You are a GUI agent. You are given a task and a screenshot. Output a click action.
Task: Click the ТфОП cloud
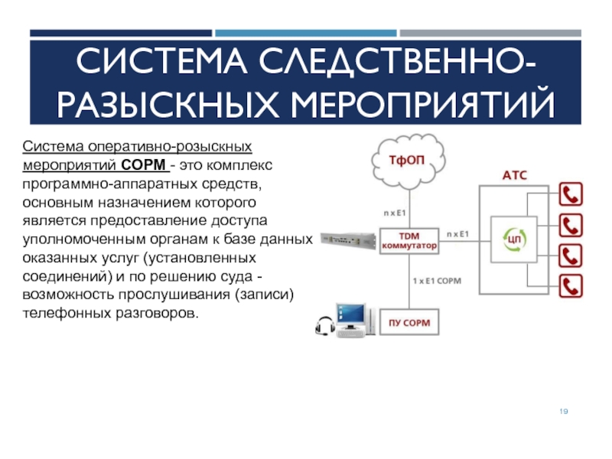407,161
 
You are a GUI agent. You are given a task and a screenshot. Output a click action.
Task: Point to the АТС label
514,175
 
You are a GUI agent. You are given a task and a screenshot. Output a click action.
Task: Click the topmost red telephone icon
571,195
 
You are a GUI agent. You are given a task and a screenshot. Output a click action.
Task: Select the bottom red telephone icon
571,285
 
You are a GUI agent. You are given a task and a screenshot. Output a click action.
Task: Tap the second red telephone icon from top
571,225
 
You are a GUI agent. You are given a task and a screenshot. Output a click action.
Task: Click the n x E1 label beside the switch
457,233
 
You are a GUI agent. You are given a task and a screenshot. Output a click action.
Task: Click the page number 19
563,412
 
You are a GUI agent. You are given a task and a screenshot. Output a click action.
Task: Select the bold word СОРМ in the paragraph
145,164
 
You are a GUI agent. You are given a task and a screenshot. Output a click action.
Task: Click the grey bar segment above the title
490,33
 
